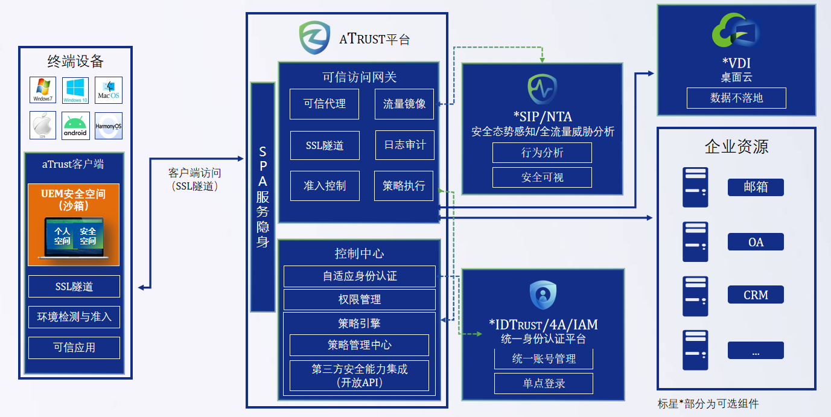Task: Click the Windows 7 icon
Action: click(43, 89)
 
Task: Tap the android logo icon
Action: click(75, 126)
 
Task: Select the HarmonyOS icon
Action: click(109, 126)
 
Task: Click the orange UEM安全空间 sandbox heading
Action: click(74, 199)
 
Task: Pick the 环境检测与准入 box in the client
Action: click(74, 316)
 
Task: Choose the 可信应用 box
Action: click(74, 348)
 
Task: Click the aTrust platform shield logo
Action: click(315, 38)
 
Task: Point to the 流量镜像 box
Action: click(404, 104)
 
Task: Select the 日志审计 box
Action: click(404, 145)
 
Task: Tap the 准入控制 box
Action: click(325, 185)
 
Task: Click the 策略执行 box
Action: click(404, 185)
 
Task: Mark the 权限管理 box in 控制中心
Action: click(360, 299)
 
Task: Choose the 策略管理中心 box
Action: click(360, 345)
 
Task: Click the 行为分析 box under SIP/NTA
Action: click(542, 153)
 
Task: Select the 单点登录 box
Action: click(543, 383)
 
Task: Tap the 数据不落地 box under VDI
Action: click(736, 98)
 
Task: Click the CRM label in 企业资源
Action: click(756, 295)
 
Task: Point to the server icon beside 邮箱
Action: click(695, 187)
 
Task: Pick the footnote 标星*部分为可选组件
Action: click(708, 404)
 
